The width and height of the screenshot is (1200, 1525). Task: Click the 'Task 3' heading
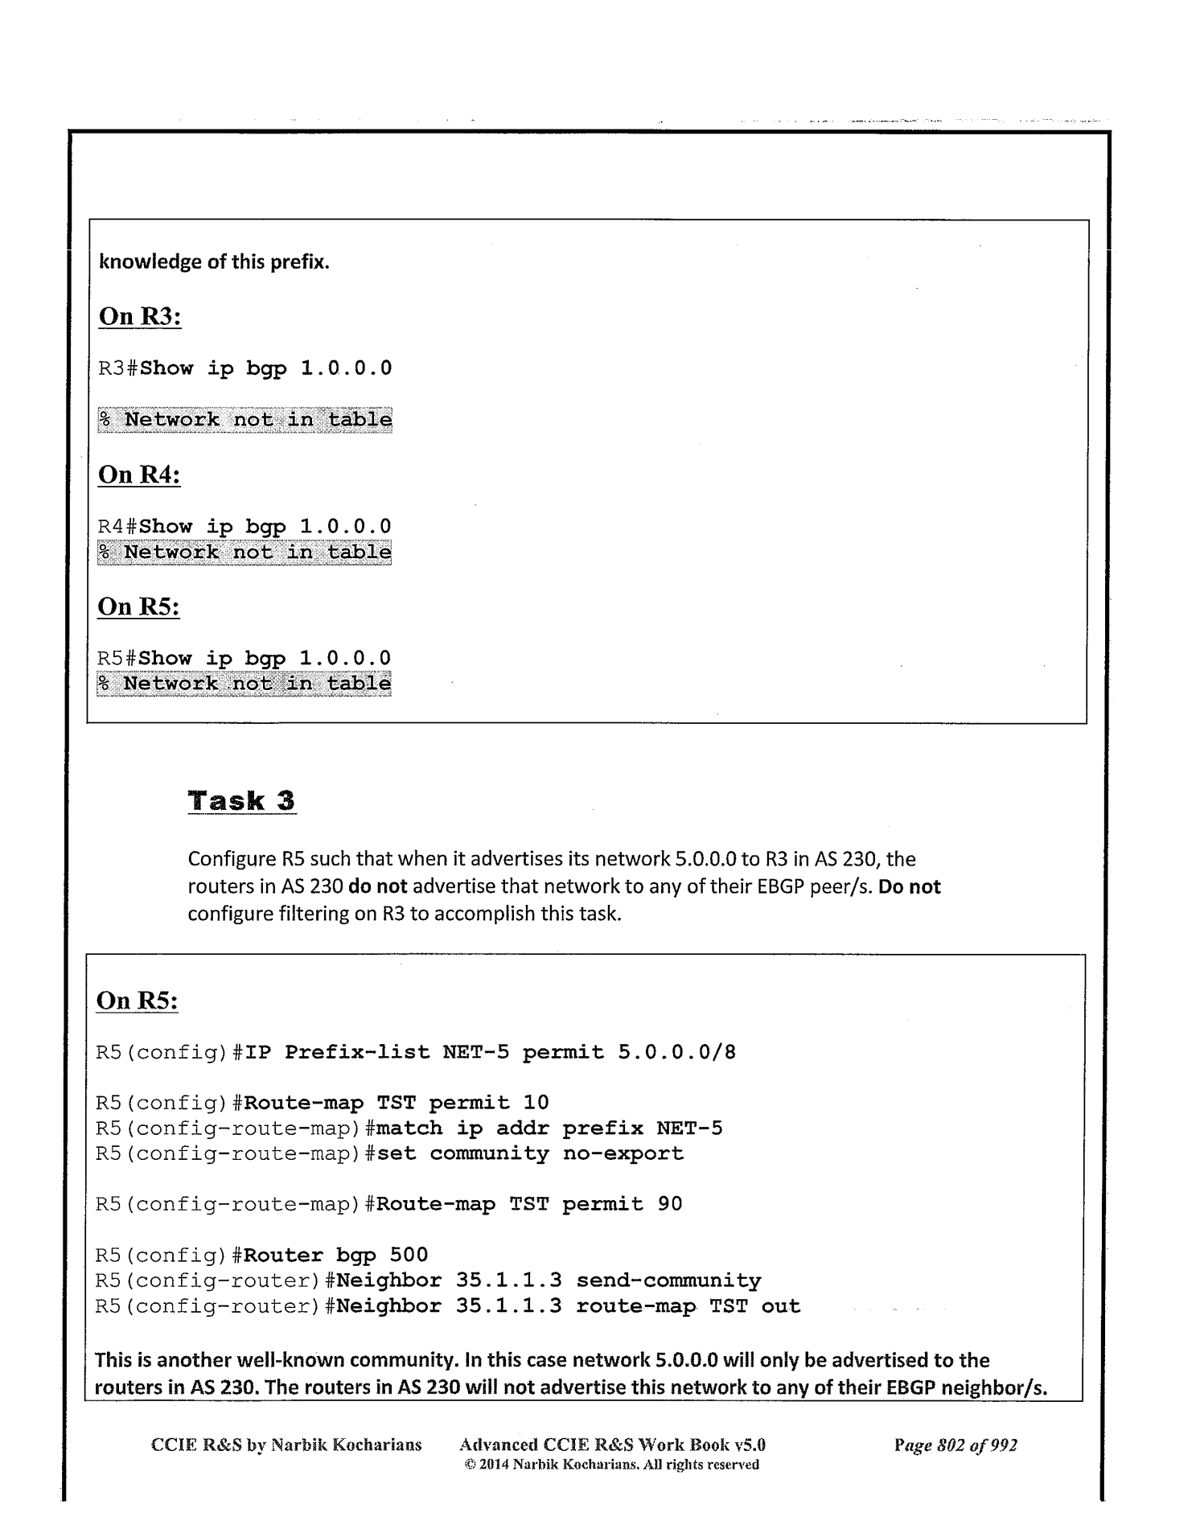click(x=241, y=801)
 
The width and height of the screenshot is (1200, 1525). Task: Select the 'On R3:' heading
click(x=140, y=316)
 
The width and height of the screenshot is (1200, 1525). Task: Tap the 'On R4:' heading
click(x=139, y=475)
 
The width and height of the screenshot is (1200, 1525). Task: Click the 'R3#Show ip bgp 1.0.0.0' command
click(x=245, y=368)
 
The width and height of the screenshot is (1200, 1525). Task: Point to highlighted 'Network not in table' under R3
click(x=245, y=419)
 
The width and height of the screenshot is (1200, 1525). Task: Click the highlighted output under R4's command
click(x=245, y=552)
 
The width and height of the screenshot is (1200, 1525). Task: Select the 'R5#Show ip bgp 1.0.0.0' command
click(x=244, y=658)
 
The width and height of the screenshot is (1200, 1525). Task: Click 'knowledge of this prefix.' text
click(x=214, y=262)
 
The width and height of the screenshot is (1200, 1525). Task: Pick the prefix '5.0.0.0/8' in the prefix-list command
click(x=676, y=1052)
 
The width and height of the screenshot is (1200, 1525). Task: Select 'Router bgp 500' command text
click(x=335, y=1255)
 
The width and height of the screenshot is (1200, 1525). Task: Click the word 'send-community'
click(x=668, y=1280)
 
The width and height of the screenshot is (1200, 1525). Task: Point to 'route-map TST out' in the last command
click(x=688, y=1306)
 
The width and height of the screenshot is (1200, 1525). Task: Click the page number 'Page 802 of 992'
click(x=955, y=1445)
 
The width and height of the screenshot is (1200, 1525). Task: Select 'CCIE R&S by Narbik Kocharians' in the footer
click(x=286, y=1445)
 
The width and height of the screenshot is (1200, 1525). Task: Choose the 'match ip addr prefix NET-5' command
click(x=549, y=1128)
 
